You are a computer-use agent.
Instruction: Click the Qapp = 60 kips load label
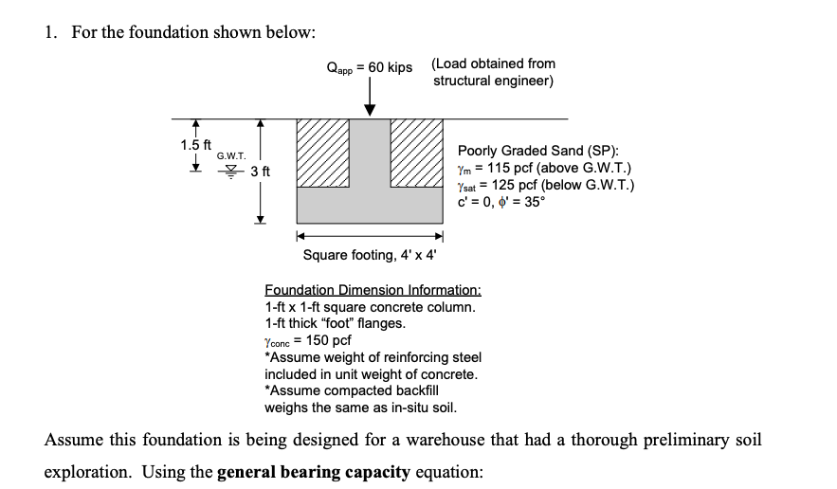369,67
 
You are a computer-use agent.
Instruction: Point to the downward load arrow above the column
370,99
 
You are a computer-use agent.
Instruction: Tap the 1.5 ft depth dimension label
195,145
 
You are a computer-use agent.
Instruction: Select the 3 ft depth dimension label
261,172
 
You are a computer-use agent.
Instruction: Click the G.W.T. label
232,155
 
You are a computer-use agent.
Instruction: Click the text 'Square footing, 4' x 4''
369,255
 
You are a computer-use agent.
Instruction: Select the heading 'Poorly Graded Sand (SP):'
538,151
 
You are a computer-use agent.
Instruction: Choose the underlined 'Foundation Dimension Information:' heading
373,290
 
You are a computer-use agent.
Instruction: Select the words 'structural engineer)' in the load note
493,81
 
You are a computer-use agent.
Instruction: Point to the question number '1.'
50,32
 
